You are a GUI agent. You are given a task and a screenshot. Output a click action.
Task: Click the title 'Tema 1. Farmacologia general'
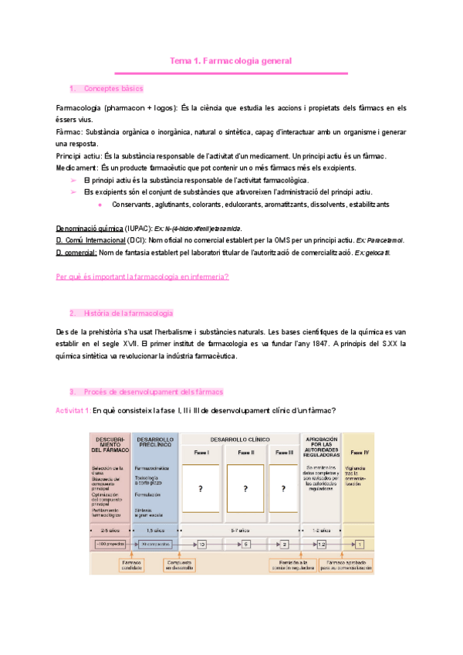[x=231, y=60]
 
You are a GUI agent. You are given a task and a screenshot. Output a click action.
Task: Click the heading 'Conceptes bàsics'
[x=113, y=89]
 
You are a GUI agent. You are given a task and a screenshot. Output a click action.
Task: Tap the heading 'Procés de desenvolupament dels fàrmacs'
[x=153, y=392]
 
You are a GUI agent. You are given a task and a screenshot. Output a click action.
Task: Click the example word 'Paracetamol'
[x=384, y=241]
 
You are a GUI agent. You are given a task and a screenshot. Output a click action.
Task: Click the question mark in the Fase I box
[x=200, y=489]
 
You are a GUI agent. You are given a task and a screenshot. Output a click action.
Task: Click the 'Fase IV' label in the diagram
[x=359, y=452]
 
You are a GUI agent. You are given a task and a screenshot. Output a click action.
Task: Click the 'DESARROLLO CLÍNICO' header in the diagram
[x=240, y=439]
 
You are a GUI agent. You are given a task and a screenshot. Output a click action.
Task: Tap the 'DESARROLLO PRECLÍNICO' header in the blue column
[x=156, y=442]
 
